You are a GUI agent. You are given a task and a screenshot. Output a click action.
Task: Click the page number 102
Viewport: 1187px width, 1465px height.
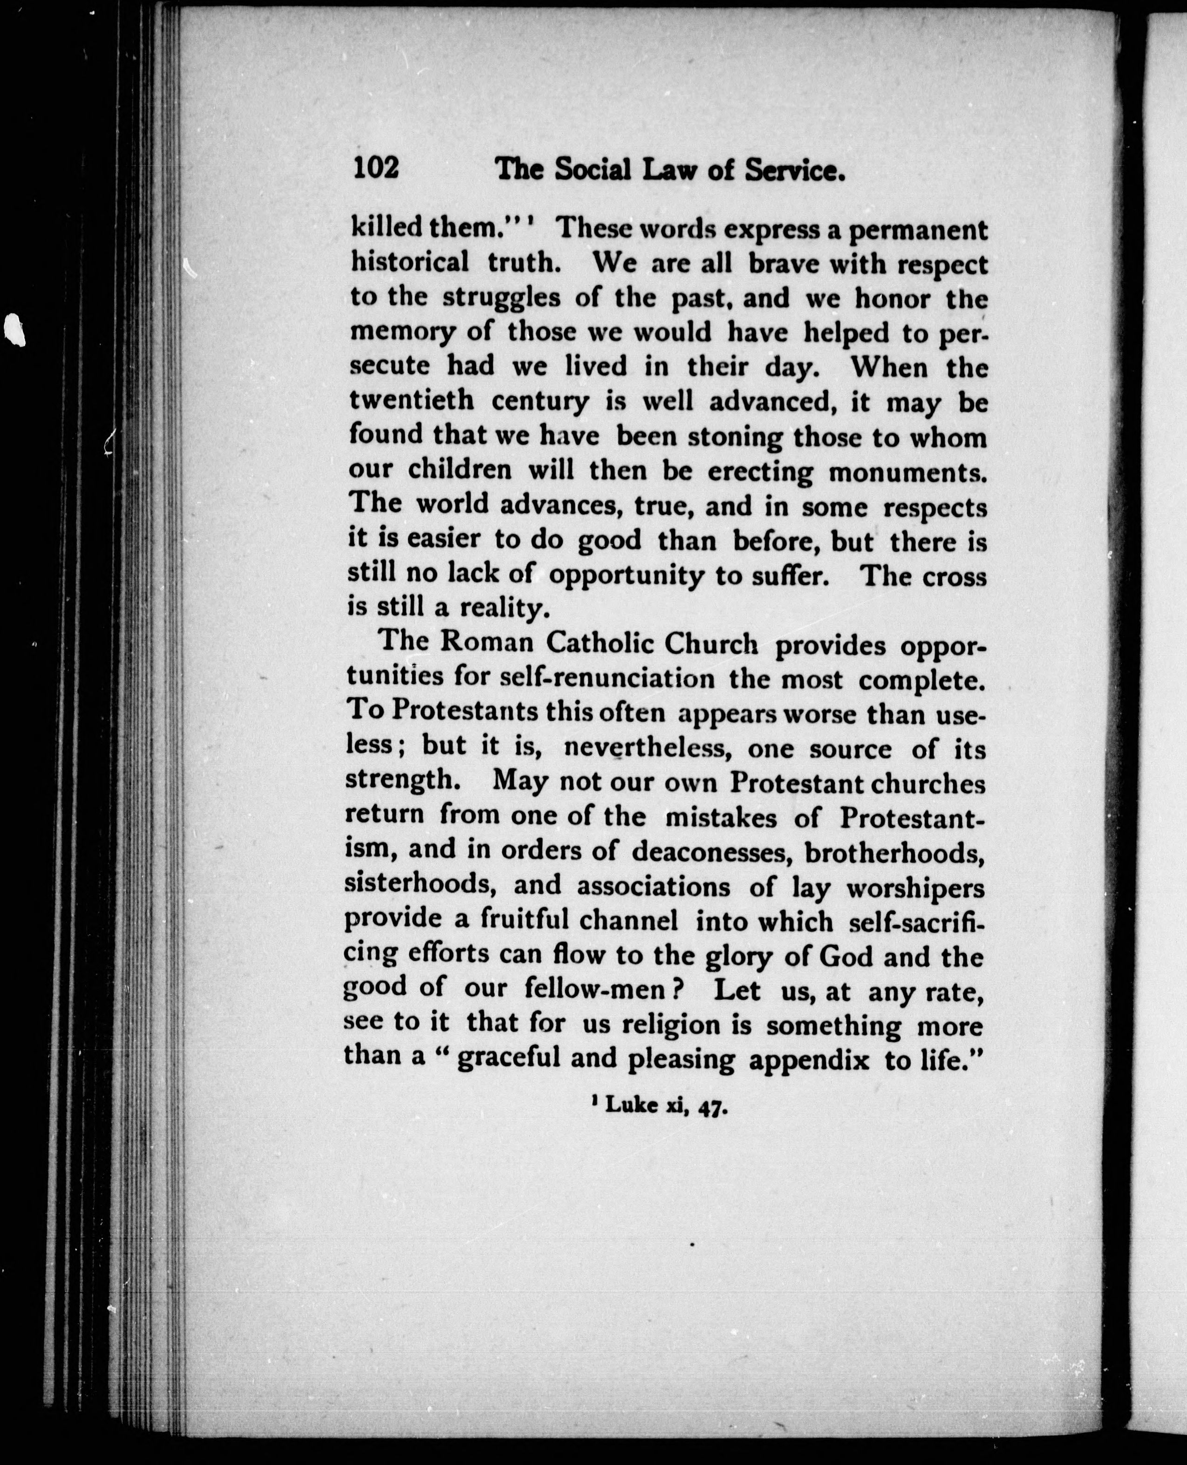(x=376, y=168)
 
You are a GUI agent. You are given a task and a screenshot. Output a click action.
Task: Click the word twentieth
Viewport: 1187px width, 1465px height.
(x=412, y=400)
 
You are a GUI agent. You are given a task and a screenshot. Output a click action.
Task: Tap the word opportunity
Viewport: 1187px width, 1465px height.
(x=626, y=576)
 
